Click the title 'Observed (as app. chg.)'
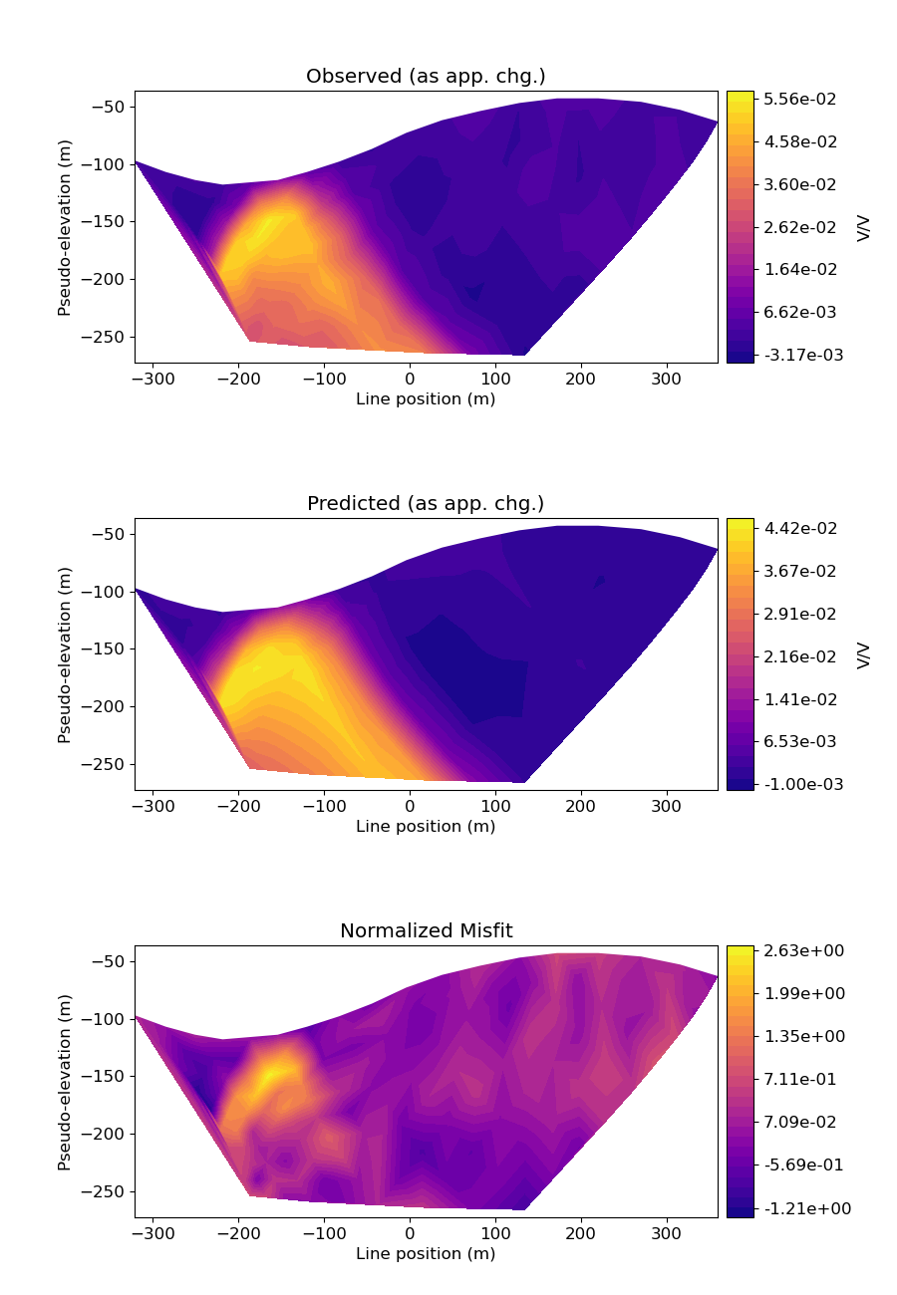(426, 77)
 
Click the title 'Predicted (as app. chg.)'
(426, 504)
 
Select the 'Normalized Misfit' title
(426, 931)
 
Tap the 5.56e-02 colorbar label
(800, 99)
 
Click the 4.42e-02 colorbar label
(800, 528)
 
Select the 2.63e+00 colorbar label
(802, 951)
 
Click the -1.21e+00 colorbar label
(799, 1207)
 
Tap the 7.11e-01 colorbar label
(800, 1079)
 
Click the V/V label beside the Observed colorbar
(864, 227)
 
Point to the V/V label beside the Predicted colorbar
(864, 654)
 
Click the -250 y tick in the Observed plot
(107, 337)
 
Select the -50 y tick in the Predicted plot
(112, 534)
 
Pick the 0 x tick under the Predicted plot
(410, 806)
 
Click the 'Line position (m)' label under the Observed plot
(426, 399)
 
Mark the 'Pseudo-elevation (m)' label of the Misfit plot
(65, 1082)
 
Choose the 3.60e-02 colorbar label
(800, 184)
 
